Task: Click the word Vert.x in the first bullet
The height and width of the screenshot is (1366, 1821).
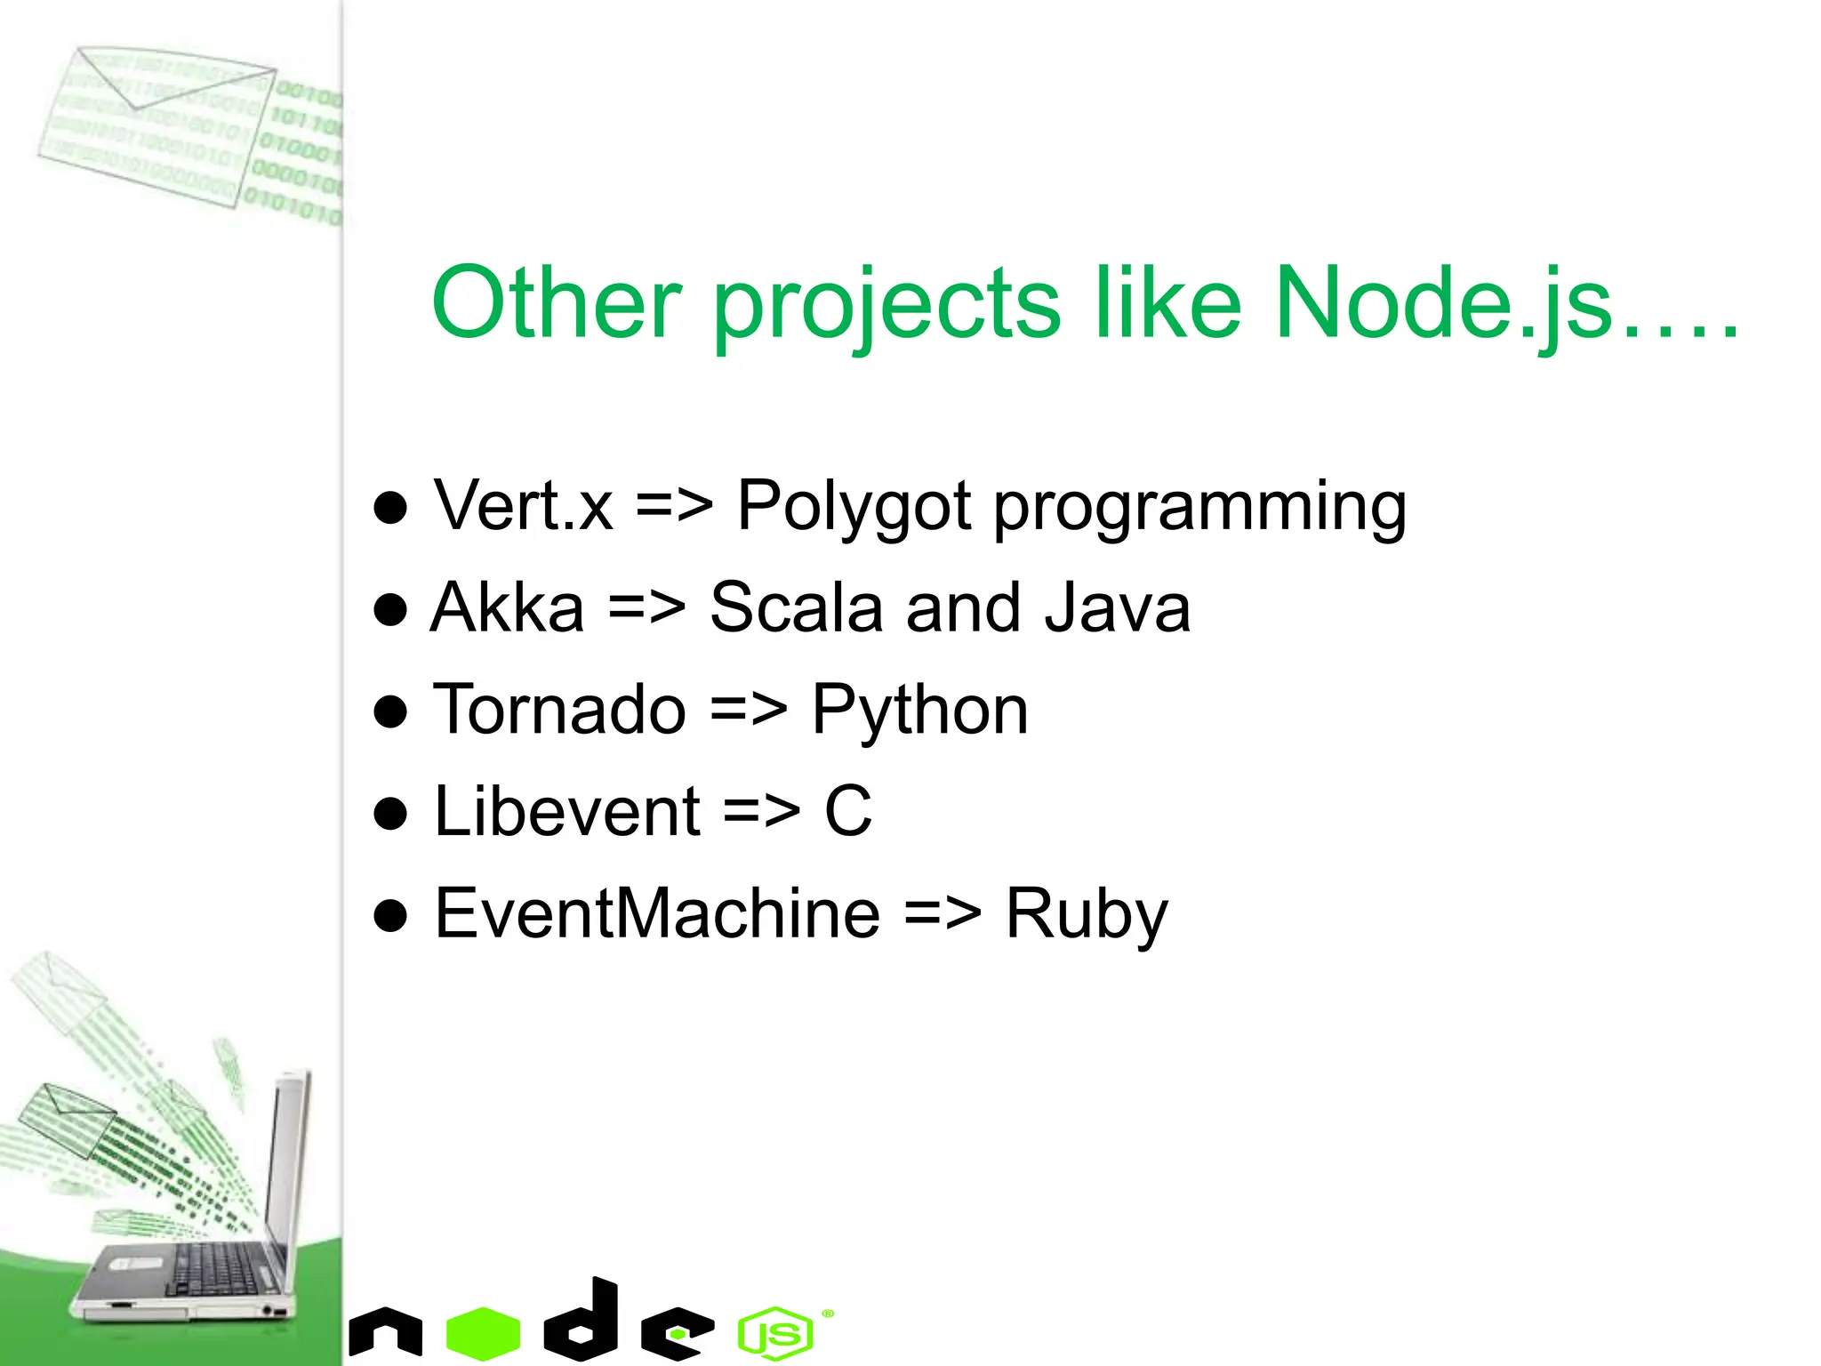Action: [x=523, y=505]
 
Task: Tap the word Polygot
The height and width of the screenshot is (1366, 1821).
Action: [x=854, y=507]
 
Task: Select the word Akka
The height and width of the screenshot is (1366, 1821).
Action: [x=508, y=607]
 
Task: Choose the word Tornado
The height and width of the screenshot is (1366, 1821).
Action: [x=559, y=710]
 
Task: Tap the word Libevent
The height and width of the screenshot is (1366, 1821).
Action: [x=567, y=811]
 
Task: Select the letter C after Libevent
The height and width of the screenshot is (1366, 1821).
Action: [x=847, y=811]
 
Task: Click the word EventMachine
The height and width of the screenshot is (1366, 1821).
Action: [x=657, y=913]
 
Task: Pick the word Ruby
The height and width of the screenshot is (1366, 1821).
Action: [x=1086, y=915]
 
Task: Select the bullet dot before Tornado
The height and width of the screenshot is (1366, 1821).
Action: [x=390, y=712]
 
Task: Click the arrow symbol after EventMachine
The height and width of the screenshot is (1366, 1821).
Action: [x=943, y=914]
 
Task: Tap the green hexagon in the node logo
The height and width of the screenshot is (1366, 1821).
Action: [x=483, y=1333]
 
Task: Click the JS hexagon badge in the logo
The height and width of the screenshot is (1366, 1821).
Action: [x=775, y=1333]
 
